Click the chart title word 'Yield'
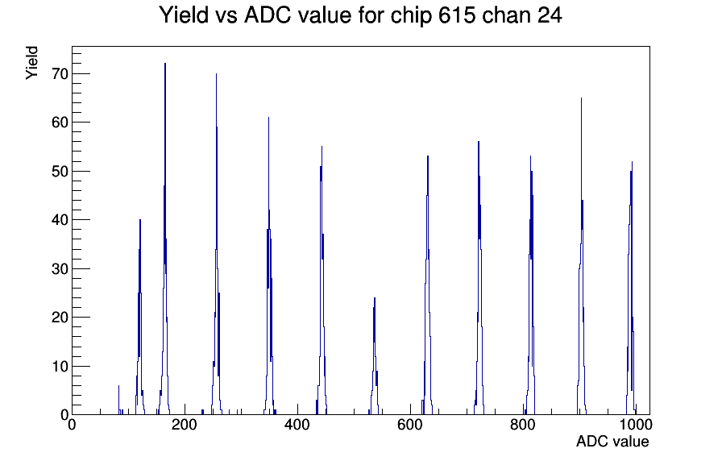coord(183,15)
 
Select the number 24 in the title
coord(549,15)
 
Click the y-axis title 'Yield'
coord(31,63)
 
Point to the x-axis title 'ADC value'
coord(612,441)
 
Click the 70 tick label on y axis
coord(60,73)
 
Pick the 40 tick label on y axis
coord(60,220)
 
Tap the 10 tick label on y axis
coord(60,366)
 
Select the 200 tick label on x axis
coord(185,425)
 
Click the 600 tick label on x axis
coord(410,425)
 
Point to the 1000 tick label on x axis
coord(636,425)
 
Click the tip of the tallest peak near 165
coord(165,64)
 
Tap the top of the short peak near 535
coord(375,298)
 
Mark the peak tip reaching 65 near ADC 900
coord(581,98)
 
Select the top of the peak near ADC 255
coord(216,73)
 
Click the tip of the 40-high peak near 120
coord(140,220)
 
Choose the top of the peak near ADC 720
coord(479,142)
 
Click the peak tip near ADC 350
coord(268,118)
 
